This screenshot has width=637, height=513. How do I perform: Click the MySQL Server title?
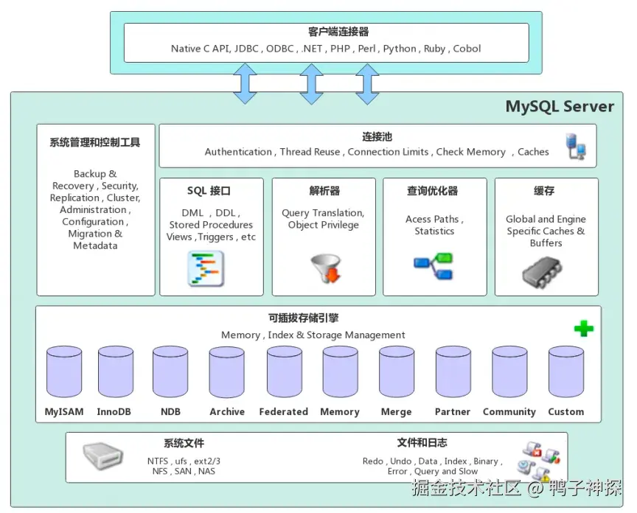click(x=560, y=106)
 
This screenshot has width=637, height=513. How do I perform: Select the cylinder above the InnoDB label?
click(x=116, y=371)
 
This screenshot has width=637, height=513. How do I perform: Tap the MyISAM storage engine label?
click(x=64, y=412)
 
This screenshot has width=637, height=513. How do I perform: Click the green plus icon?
click(x=584, y=329)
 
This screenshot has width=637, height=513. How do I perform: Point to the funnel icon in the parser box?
click(x=326, y=268)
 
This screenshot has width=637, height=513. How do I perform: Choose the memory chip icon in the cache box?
click(x=542, y=272)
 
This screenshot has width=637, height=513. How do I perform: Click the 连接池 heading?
click(x=377, y=137)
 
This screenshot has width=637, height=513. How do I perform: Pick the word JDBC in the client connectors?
click(x=246, y=49)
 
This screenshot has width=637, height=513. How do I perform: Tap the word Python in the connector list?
click(x=400, y=49)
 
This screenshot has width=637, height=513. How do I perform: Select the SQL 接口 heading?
click(x=209, y=191)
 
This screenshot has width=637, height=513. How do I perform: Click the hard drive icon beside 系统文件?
click(x=102, y=456)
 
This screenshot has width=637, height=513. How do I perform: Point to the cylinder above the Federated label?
click(x=285, y=371)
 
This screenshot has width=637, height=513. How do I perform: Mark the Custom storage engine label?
click(x=566, y=412)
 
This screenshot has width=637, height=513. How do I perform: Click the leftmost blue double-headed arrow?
click(x=245, y=84)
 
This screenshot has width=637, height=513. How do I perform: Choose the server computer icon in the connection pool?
click(x=576, y=146)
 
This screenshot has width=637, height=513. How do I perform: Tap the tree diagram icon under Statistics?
click(x=433, y=265)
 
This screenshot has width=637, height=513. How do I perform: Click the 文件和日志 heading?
click(x=422, y=443)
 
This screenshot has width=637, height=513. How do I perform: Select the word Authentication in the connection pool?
click(x=238, y=152)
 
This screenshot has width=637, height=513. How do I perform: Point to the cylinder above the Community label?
click(x=509, y=371)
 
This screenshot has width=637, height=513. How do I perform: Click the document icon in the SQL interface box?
click(x=206, y=269)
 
